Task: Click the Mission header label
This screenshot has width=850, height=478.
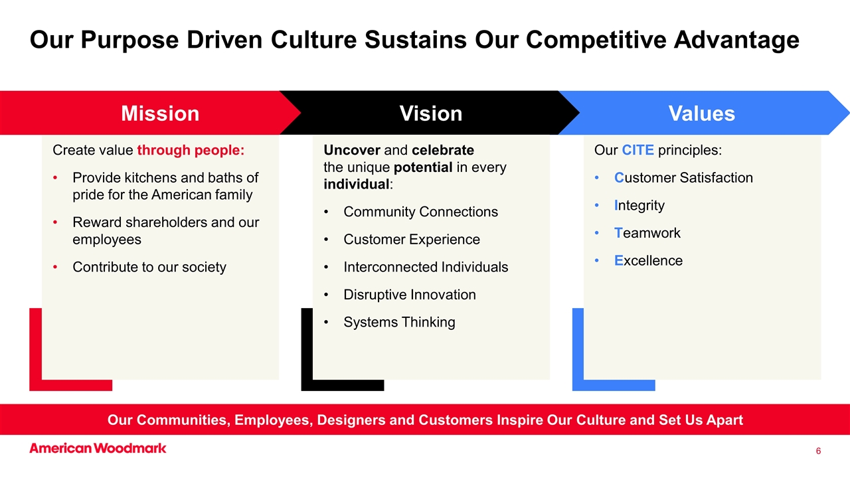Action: pos(160,114)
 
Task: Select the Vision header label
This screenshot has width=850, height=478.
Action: pos(430,114)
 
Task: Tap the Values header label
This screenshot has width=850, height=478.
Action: pos(701,114)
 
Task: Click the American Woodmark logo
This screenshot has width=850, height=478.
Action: pos(98,448)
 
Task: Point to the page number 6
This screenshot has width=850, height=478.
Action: pos(818,451)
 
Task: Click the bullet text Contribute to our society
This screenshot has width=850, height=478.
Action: pos(149,267)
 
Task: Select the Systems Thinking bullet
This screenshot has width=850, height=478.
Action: pos(399,322)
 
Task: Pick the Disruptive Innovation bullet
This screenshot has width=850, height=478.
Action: pos(409,295)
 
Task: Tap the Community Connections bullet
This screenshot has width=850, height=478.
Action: pos(420,212)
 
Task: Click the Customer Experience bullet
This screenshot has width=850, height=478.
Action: pos(411,240)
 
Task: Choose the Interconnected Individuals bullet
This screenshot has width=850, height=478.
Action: pos(425,267)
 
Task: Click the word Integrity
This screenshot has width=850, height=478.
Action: pos(639,205)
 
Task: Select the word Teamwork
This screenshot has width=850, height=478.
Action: pos(647,233)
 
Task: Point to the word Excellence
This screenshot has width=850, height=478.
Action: pos(648,261)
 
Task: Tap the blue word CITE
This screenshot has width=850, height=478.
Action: pos(638,150)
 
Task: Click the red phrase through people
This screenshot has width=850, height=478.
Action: pos(191,150)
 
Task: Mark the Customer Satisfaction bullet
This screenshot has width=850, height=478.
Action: pos(683,178)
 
